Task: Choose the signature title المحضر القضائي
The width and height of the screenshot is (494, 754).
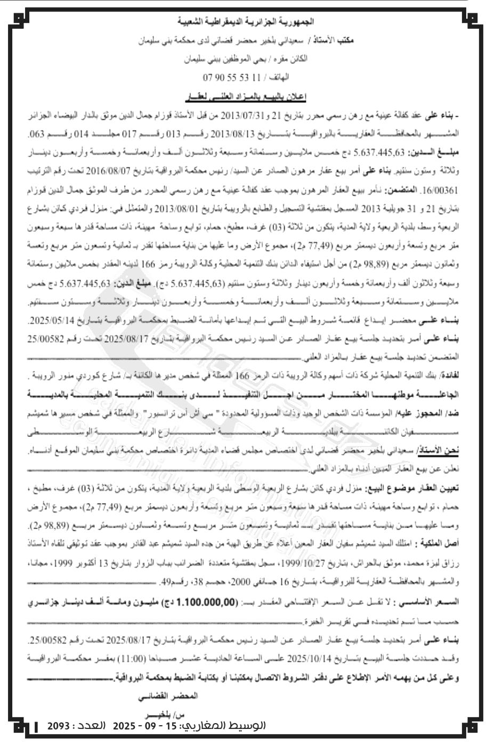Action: (168, 696)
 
